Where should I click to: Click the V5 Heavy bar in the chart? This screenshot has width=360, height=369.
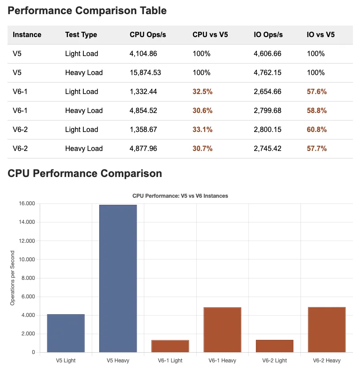(x=118, y=278)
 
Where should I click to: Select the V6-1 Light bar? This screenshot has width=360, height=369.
(x=170, y=346)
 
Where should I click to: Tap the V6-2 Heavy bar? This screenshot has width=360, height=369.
(x=326, y=329)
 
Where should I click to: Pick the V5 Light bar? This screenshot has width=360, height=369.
(x=66, y=333)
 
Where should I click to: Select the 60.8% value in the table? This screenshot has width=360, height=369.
(x=317, y=129)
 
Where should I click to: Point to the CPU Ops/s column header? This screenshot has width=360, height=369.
(x=148, y=34)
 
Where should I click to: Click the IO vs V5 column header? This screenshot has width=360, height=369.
(x=320, y=34)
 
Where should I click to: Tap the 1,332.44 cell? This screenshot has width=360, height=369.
(x=143, y=91)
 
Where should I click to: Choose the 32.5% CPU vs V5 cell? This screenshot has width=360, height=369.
(x=202, y=91)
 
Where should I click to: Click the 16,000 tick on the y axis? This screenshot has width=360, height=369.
(x=27, y=203)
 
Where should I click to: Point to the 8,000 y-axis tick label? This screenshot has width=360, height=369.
(x=28, y=278)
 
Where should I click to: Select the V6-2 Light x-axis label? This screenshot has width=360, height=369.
(x=274, y=361)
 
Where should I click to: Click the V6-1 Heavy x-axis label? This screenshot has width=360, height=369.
(x=222, y=361)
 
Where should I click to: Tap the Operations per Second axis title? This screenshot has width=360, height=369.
(x=12, y=278)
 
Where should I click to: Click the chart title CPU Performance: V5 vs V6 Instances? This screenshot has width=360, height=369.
(x=180, y=196)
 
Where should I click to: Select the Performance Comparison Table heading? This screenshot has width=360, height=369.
(x=87, y=11)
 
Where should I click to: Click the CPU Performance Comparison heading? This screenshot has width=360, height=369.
(x=85, y=173)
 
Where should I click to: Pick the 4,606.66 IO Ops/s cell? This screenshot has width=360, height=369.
(x=267, y=53)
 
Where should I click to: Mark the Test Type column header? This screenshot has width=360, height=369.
(x=81, y=34)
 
